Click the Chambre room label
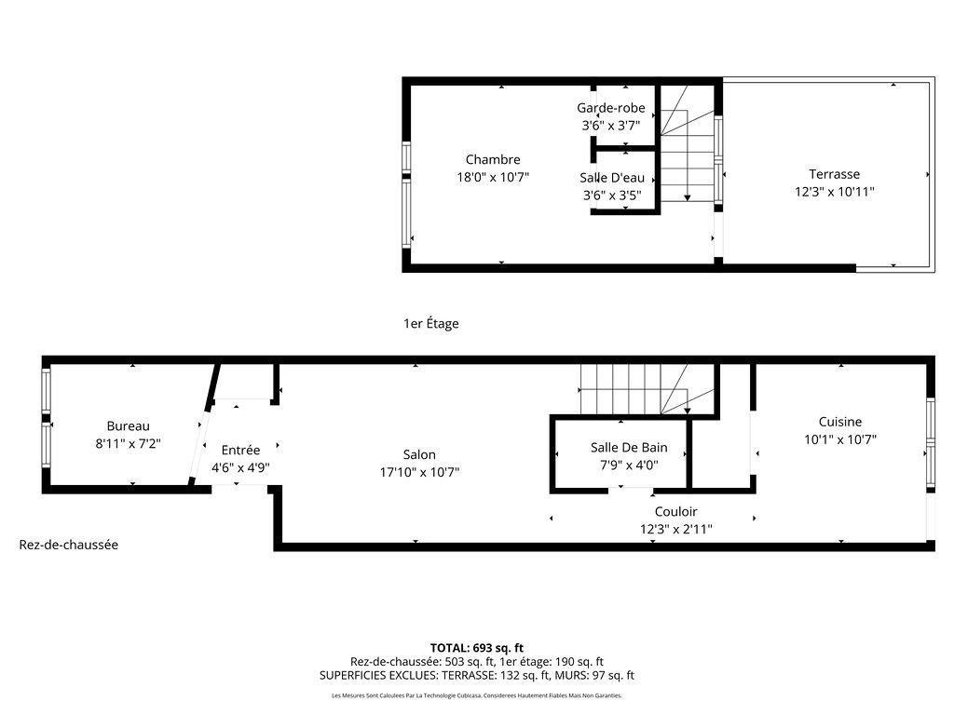click(x=493, y=159)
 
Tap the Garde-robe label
click(x=610, y=108)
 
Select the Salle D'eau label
click(x=611, y=178)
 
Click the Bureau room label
click(x=128, y=426)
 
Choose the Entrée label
click(x=240, y=450)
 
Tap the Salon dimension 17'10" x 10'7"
click(x=419, y=472)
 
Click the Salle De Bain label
click(x=629, y=448)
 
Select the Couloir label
click(x=675, y=511)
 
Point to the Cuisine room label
click(x=839, y=422)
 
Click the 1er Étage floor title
click(x=430, y=324)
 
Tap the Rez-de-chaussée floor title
click(x=69, y=545)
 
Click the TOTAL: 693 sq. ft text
click(x=476, y=647)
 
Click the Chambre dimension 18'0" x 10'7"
click(x=493, y=177)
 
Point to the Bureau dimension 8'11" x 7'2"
click(x=128, y=444)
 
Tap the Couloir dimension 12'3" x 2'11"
click(x=675, y=529)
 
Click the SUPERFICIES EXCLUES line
click(x=476, y=675)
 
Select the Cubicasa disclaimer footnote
click(x=476, y=695)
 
